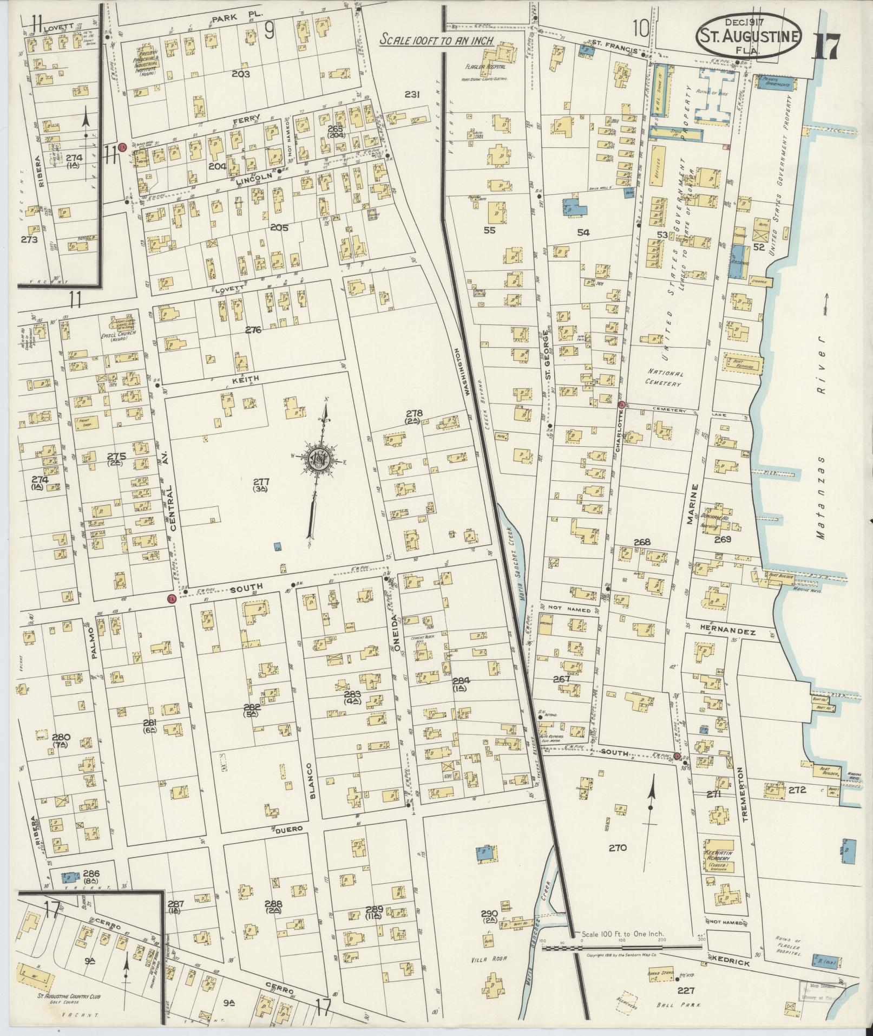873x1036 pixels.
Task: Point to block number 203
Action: pyautogui.click(x=240, y=74)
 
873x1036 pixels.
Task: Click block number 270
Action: pyautogui.click(x=616, y=848)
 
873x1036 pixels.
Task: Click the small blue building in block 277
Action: pyautogui.click(x=278, y=546)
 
